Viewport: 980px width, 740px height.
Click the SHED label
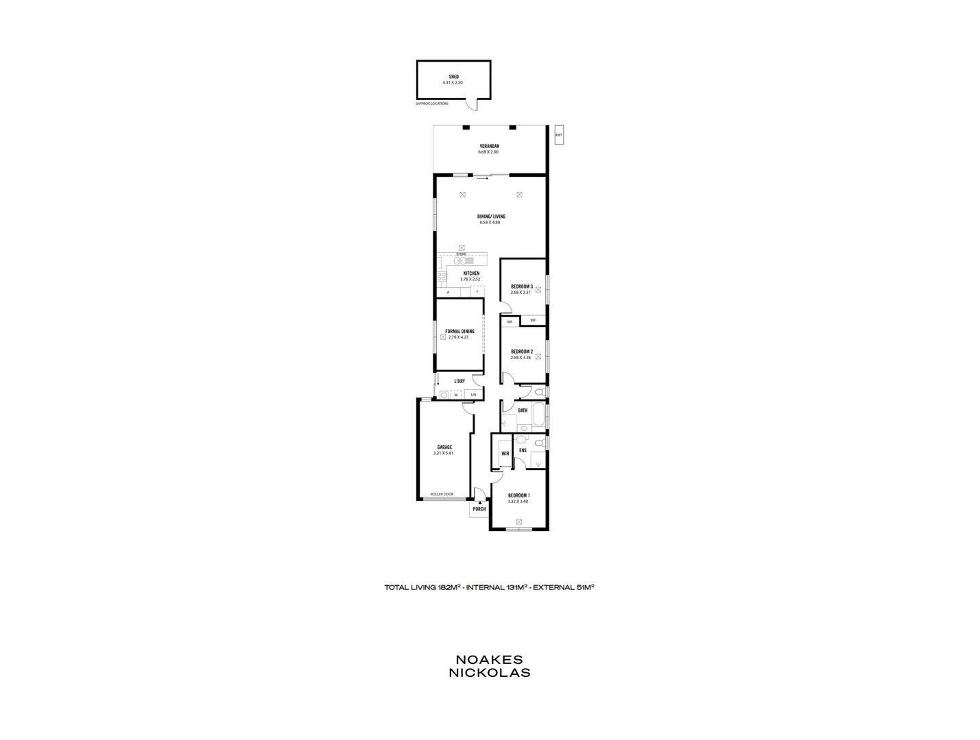coord(453,77)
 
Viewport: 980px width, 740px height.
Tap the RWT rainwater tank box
coord(559,135)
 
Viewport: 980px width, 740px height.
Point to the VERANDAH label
coord(489,146)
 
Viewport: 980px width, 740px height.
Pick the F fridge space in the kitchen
coord(477,292)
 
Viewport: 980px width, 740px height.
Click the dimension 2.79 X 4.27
coord(459,337)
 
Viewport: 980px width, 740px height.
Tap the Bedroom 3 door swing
coord(506,307)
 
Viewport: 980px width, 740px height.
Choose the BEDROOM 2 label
coord(521,351)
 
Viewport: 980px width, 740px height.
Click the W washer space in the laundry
coord(455,395)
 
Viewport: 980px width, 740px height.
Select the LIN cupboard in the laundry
coord(473,395)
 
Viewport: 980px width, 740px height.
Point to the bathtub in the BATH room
coord(539,415)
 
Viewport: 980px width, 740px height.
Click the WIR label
coord(505,454)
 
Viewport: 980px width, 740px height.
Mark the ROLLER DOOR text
coord(442,494)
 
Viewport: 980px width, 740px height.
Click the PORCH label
coord(479,509)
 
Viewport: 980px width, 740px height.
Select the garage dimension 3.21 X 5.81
coord(444,453)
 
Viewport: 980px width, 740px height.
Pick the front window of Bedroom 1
coord(518,529)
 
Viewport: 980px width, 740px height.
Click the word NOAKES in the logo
coord(489,659)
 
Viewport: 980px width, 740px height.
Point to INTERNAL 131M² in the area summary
coord(497,587)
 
